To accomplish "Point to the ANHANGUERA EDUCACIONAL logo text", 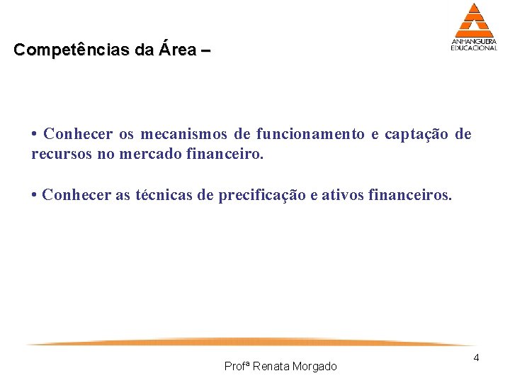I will click(x=474, y=45).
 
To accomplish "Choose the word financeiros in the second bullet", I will click(x=410, y=196).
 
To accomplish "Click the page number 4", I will click(x=477, y=357).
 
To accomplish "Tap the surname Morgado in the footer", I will click(x=314, y=366).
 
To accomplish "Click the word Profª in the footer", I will click(x=236, y=366).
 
